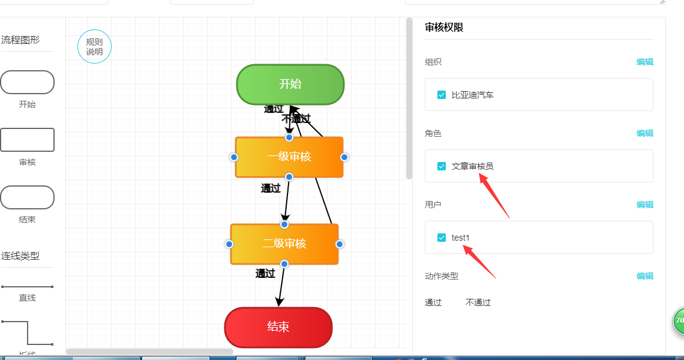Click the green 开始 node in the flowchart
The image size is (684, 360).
pyautogui.click(x=290, y=84)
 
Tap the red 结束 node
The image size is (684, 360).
pyautogui.click(x=278, y=327)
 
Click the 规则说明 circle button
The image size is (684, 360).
pyautogui.click(x=94, y=47)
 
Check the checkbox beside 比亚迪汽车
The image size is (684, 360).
pyautogui.click(x=442, y=95)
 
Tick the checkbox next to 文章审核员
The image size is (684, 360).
pyautogui.click(x=442, y=166)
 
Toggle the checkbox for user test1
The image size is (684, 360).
pyautogui.click(x=442, y=238)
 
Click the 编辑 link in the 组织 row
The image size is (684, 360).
pyautogui.click(x=645, y=62)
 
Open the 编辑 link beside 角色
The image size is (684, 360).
pyautogui.click(x=645, y=133)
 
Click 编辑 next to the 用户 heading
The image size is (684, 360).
pyautogui.click(x=645, y=205)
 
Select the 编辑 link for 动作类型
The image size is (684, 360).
pyautogui.click(x=645, y=276)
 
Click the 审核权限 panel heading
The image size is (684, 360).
pyautogui.click(x=444, y=28)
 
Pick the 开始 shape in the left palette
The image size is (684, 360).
pyautogui.click(x=27, y=82)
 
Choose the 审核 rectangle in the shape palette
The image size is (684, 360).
pyautogui.click(x=27, y=140)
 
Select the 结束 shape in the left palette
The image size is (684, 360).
pyautogui.click(x=27, y=197)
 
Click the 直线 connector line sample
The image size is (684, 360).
pyautogui.click(x=27, y=287)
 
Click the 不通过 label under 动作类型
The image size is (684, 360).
pyautogui.click(x=478, y=302)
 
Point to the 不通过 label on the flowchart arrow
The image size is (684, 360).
pyautogui.click(x=296, y=119)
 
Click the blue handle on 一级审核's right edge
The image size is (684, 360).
pyautogui.click(x=344, y=157)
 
